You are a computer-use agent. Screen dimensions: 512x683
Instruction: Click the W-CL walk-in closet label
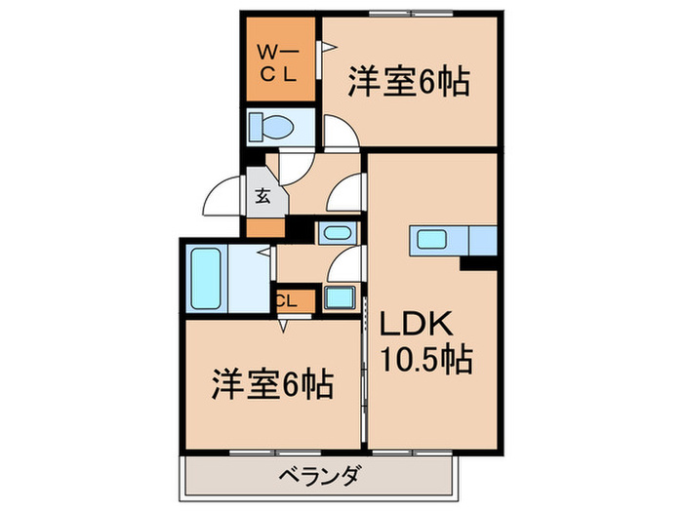278,61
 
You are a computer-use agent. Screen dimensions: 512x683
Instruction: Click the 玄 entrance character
262,195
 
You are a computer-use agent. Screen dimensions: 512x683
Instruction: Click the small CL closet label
285,301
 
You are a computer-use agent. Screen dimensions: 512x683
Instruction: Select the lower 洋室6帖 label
273,383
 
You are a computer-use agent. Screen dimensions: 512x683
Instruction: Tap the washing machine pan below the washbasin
341,298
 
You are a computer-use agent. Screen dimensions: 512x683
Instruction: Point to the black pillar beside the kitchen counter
478,261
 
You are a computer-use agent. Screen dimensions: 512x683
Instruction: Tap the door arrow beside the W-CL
329,45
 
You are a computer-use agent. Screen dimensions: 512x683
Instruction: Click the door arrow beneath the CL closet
284,327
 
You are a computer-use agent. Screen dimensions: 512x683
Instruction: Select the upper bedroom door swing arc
339,131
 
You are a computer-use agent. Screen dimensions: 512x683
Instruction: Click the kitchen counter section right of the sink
483,238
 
